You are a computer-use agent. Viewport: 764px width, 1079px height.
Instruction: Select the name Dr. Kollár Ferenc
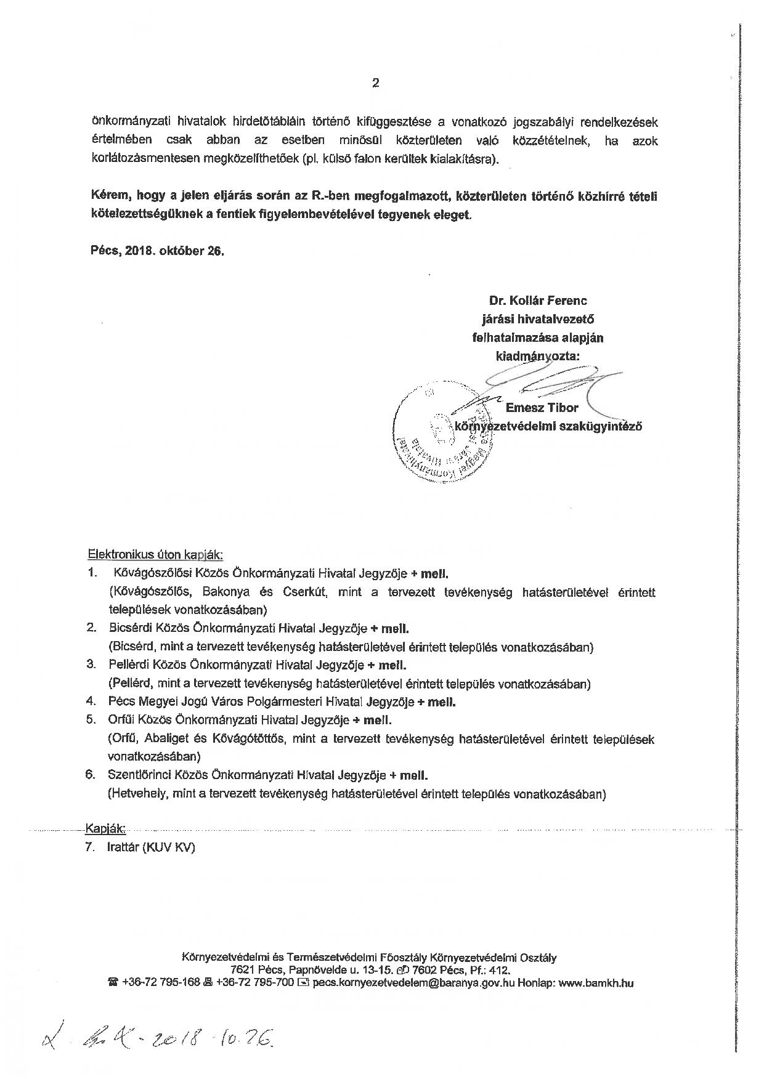click(x=537, y=301)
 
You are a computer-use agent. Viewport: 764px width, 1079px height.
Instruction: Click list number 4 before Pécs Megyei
click(x=91, y=701)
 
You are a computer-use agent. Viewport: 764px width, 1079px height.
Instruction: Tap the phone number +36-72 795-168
click(x=161, y=983)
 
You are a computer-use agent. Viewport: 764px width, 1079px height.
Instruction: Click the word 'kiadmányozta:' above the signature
click(x=537, y=357)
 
